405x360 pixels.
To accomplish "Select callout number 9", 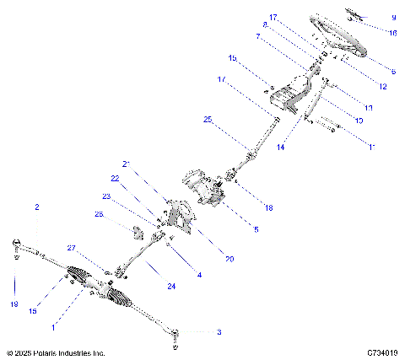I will pyautogui.click(x=393, y=17).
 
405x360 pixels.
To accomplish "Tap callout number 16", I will pyautogui.click(x=393, y=32).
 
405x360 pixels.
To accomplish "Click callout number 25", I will pyautogui.click(x=208, y=121).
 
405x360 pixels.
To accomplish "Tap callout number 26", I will pyautogui.click(x=99, y=214).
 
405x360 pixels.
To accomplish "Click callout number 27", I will pyautogui.click(x=71, y=248).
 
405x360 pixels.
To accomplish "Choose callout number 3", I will pyautogui.click(x=219, y=332).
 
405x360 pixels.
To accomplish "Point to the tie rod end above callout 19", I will pyautogui.click(x=16, y=245).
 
